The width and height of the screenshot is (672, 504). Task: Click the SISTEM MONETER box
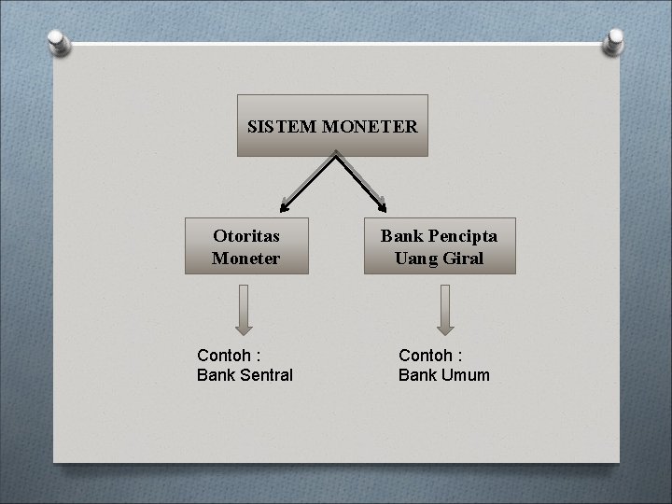(333, 125)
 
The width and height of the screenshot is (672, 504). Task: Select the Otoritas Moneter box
(246, 246)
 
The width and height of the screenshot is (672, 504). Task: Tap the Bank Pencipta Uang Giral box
(439, 246)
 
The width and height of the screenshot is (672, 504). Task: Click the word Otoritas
(246, 236)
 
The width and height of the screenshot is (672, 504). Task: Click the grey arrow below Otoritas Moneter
(244, 309)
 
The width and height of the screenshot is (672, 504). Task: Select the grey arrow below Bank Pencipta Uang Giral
(445, 309)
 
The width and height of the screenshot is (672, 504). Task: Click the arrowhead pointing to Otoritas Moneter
(286, 203)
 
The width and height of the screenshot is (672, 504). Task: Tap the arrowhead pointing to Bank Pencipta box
(382, 203)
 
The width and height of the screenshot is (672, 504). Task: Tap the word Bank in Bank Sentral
(215, 375)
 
